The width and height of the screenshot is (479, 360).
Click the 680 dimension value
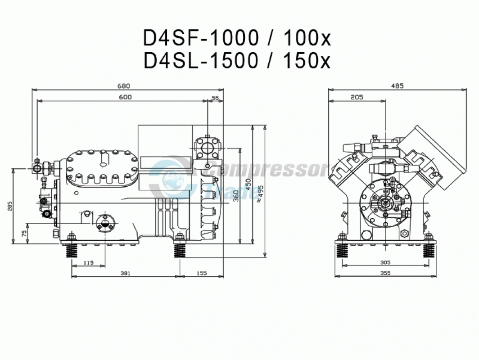[x=124, y=86]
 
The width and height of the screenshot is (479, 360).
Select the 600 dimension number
[x=125, y=97]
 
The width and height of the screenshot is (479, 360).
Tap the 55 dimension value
[x=215, y=98]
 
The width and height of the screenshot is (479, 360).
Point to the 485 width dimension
[x=398, y=86]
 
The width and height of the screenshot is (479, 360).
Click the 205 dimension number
[x=357, y=97]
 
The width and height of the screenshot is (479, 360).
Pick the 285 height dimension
[x=10, y=207]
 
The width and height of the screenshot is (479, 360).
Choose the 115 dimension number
[x=88, y=263]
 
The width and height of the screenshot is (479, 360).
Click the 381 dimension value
[x=125, y=273]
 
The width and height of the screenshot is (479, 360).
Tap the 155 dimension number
[x=202, y=273]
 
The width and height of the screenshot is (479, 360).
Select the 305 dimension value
[x=385, y=263]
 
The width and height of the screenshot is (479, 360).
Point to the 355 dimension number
[x=385, y=273]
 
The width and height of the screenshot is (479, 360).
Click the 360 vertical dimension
[x=236, y=196]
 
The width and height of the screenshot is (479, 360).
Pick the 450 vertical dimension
[x=249, y=185]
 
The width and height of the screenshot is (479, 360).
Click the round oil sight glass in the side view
[x=106, y=224]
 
